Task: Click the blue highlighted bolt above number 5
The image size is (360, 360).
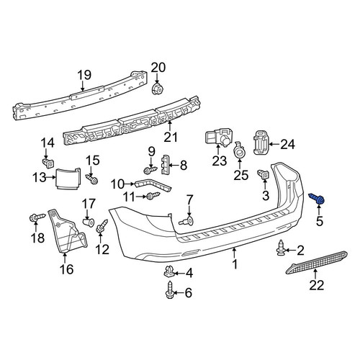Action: [x=317, y=199]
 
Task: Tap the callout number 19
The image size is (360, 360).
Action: [x=84, y=75]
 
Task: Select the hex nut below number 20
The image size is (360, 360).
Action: [x=157, y=89]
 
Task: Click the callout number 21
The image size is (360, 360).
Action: [x=171, y=138]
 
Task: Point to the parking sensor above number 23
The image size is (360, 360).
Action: [x=218, y=137]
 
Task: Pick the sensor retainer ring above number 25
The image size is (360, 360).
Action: [x=240, y=150]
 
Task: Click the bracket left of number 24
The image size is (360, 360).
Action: [x=261, y=143]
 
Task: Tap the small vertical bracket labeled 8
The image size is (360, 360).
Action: [x=164, y=165]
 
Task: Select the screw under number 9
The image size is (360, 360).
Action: [x=150, y=171]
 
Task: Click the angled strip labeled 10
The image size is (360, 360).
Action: [x=153, y=185]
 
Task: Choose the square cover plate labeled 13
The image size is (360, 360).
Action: [x=68, y=178]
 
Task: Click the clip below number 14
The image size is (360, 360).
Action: [x=48, y=163]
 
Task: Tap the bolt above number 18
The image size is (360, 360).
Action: [x=37, y=217]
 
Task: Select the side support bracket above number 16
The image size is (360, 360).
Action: [x=67, y=232]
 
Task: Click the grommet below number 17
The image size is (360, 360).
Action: [x=88, y=222]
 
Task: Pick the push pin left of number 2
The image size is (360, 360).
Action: [x=280, y=248]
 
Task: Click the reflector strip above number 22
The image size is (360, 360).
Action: [x=317, y=262]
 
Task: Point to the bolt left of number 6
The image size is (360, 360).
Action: [x=169, y=290]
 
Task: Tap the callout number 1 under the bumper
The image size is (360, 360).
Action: [x=235, y=264]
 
